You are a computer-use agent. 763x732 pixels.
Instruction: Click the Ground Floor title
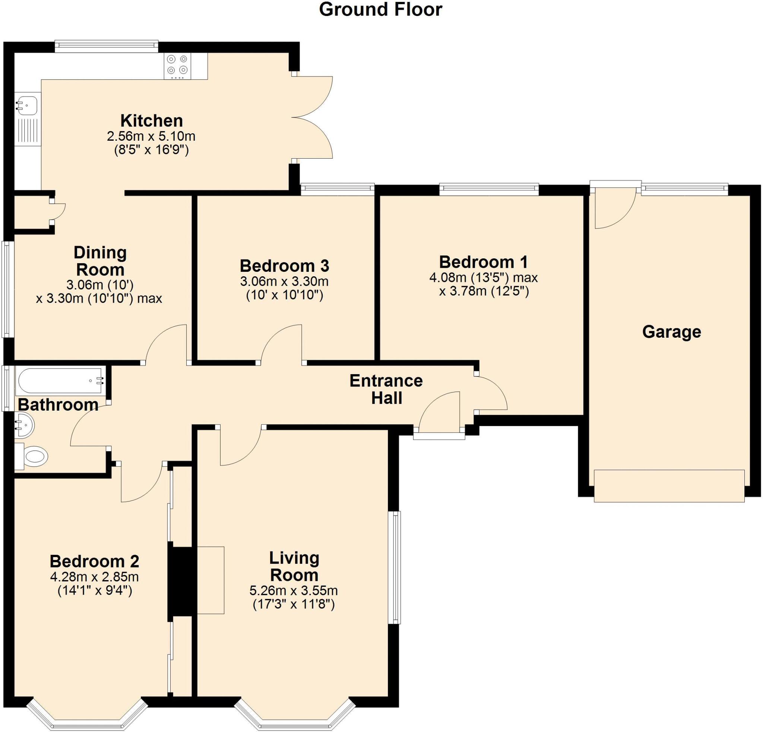point(380,10)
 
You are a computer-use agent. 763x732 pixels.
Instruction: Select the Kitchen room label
point(151,121)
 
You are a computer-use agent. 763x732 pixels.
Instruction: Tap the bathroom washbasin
point(24,425)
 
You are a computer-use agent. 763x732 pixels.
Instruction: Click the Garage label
point(671,332)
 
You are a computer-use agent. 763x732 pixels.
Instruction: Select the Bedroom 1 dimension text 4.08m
point(446,278)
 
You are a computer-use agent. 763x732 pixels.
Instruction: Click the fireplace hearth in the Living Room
point(210,580)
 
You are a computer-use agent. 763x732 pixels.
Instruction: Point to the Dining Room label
point(101,261)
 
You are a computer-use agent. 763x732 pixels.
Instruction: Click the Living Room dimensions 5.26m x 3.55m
point(294,591)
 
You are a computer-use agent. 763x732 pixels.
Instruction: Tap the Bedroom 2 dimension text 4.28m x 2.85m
point(95,577)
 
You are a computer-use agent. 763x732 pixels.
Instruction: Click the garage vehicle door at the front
point(669,486)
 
